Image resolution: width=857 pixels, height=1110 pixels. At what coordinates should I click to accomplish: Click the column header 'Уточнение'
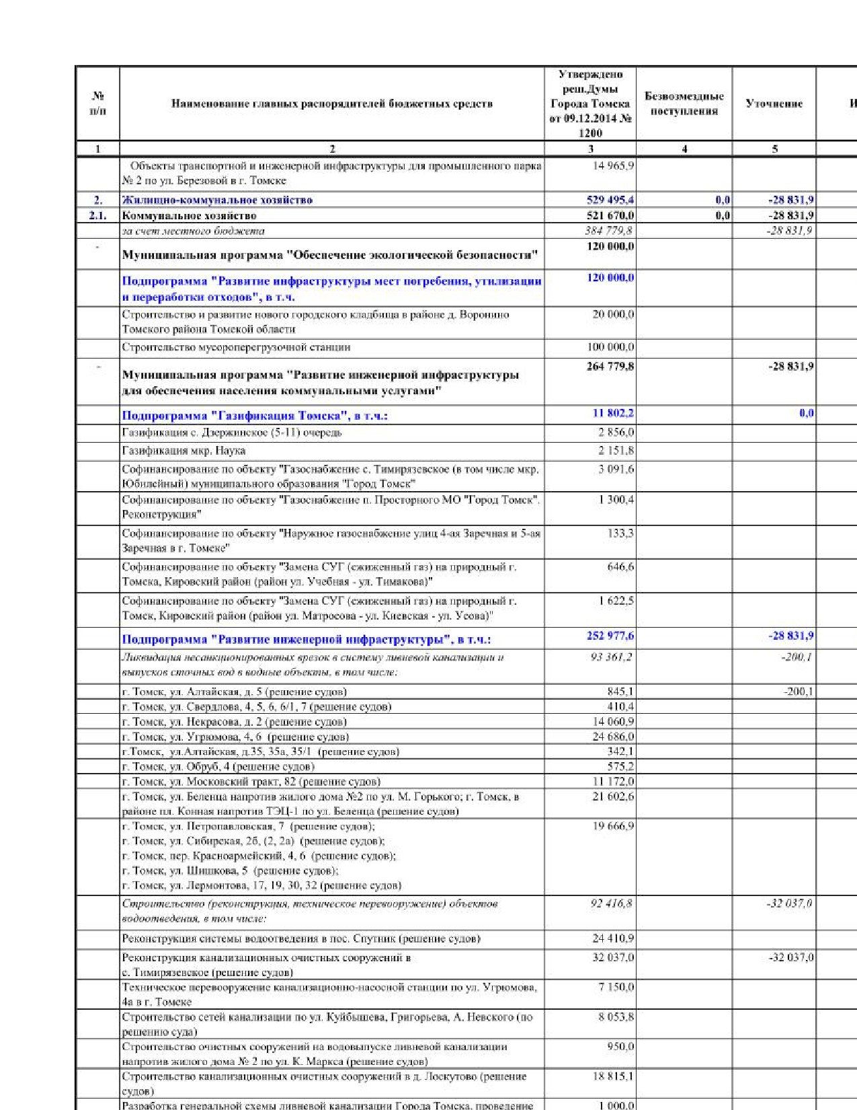pos(774,104)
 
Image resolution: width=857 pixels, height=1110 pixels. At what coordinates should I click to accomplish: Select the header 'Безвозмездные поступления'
pos(684,104)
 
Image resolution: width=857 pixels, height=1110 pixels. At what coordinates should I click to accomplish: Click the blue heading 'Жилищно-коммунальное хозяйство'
pos(217,200)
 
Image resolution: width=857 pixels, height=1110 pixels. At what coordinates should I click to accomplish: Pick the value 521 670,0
pos(610,216)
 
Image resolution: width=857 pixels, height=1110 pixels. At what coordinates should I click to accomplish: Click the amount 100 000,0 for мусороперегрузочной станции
pos(610,347)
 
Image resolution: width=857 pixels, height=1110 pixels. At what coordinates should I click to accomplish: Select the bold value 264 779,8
pos(610,367)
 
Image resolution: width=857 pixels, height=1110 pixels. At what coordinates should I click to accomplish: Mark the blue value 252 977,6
pos(610,636)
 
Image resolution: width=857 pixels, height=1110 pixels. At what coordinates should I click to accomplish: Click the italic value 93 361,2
pos(610,657)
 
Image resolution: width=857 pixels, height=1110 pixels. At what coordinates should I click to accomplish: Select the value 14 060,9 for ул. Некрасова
pos(612,722)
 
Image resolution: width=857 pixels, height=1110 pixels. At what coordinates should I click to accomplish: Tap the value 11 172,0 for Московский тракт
pos(612,781)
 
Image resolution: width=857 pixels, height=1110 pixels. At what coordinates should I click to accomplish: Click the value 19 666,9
pos(612,826)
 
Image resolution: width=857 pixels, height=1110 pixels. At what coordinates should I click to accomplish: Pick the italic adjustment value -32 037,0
pos(789,903)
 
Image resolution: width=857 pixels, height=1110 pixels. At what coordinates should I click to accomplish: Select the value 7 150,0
pos(616,987)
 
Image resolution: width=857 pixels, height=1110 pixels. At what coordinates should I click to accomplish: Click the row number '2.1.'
pos(97,216)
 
